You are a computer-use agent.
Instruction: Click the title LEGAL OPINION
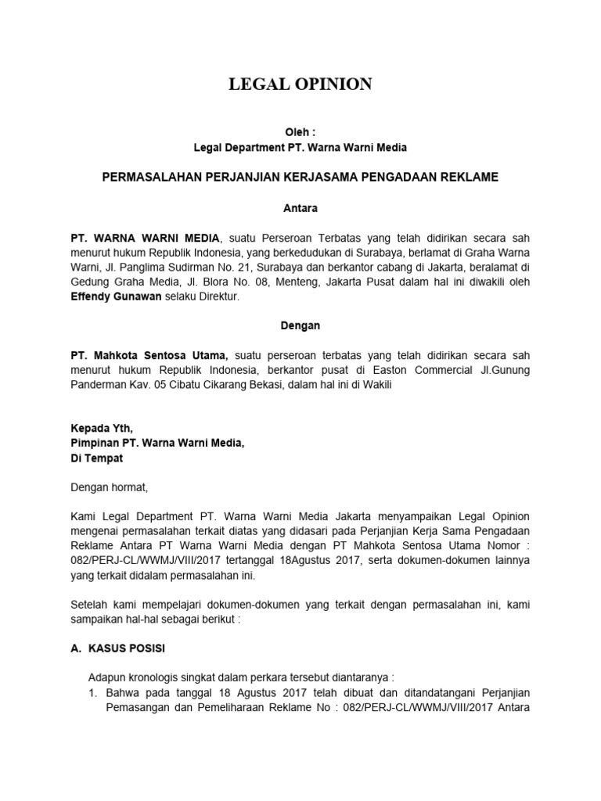click(x=300, y=84)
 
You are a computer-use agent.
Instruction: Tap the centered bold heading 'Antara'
click(x=300, y=208)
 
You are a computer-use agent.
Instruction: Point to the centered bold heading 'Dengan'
click(x=300, y=324)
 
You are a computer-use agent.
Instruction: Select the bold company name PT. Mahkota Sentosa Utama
click(x=149, y=354)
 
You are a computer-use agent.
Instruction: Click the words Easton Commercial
click(x=449, y=370)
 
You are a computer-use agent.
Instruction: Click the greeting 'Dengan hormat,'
click(x=109, y=488)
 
